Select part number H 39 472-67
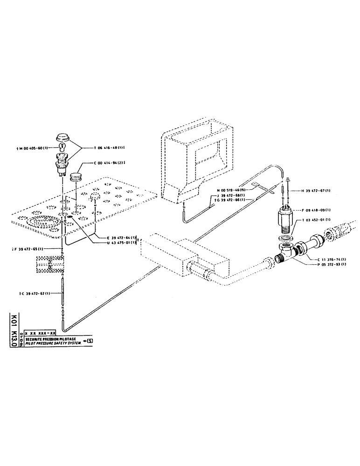(317, 190)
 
